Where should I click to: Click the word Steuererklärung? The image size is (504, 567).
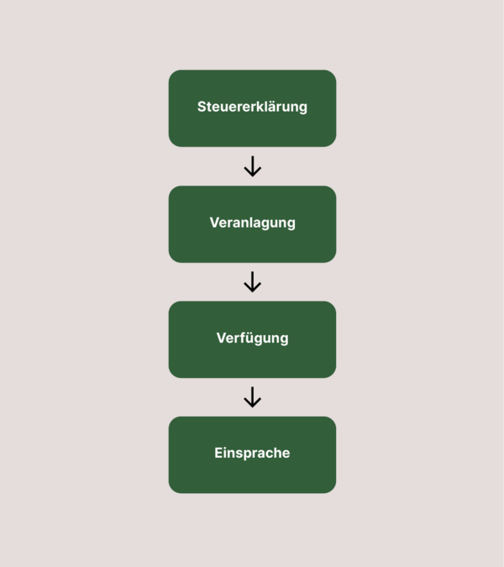pos(252,107)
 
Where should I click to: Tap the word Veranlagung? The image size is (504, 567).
pos(252,223)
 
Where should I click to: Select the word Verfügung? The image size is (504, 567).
pos(252,339)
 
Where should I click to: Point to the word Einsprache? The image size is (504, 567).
pos(252,453)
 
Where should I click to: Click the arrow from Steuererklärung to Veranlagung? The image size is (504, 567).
pos(252,166)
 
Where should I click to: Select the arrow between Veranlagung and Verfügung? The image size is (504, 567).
pos(252,281)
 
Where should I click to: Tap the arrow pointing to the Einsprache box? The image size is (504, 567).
pos(252,397)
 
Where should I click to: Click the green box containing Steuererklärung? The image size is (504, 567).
pos(252,108)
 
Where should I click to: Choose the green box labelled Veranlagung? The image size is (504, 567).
pos(252,224)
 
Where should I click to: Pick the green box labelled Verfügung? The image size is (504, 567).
pos(252,339)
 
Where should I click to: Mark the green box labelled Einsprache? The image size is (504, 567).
pos(252,455)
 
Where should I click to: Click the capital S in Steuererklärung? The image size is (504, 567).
pos(202,107)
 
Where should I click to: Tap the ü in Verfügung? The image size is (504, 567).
pos(249,339)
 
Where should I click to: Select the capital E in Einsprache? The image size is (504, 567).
pos(218,453)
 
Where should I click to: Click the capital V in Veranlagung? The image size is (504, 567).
pos(215,223)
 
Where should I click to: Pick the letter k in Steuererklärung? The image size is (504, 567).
pos(260,107)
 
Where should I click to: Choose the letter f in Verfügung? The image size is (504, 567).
pos(241,338)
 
